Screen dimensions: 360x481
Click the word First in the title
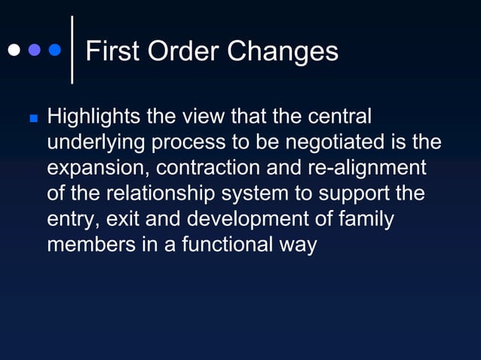coord(112,51)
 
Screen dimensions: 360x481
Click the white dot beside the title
coord(13,51)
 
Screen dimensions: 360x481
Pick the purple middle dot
coord(33,51)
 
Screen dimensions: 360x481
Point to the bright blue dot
coord(54,51)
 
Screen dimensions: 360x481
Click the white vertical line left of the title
coord(72,50)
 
